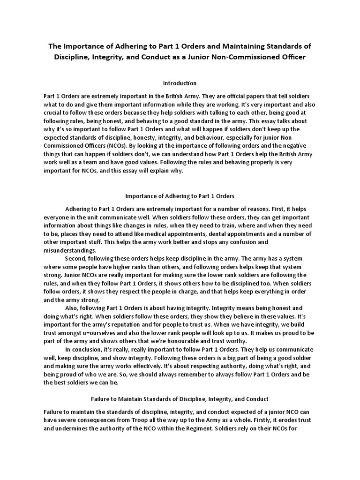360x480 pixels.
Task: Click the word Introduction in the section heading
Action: click(x=180, y=83)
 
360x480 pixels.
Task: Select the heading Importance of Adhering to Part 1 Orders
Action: click(x=180, y=195)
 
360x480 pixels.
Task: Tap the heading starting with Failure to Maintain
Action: click(x=180, y=399)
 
